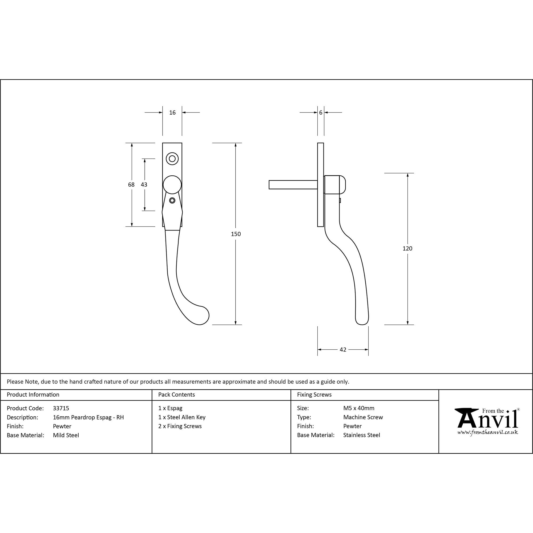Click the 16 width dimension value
pos(172,112)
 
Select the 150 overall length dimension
pos(236,234)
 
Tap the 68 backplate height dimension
pos(131,185)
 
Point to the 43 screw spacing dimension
pos(144,185)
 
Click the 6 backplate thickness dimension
pos(321,112)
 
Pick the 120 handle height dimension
pos(407,249)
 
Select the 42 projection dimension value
pos(343,350)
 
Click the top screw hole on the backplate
pos(172,159)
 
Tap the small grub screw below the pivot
pos(172,200)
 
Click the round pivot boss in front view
pos(172,185)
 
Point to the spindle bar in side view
pos(293,185)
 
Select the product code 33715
pos(61,408)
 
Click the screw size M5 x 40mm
pos(359,408)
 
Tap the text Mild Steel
pos(66,435)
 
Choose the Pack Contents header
pos(177,394)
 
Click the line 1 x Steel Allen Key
pos(182,417)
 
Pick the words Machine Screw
pos(363,417)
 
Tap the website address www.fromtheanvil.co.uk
pos(487,432)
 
